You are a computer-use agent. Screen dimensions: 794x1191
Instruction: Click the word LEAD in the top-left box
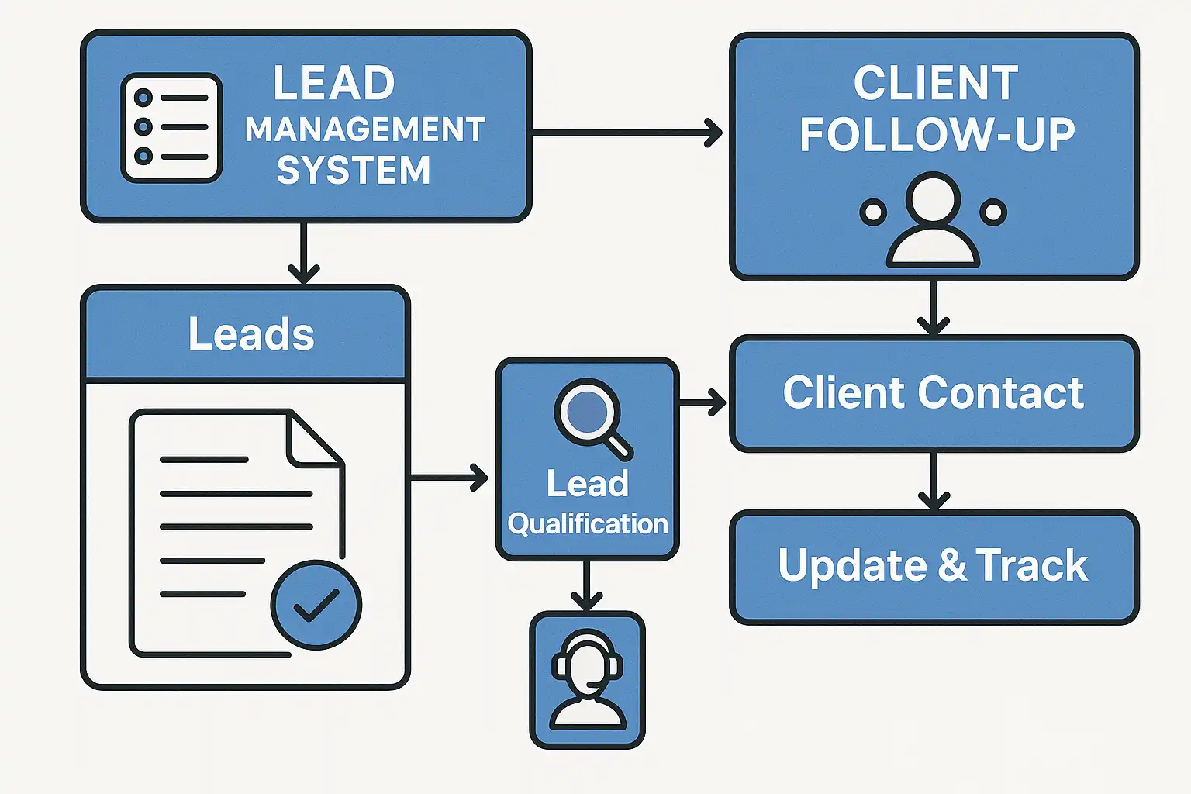pos(333,83)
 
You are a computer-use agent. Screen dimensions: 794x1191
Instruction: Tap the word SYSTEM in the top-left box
pos(354,171)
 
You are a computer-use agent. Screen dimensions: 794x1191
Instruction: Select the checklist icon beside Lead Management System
pos(171,128)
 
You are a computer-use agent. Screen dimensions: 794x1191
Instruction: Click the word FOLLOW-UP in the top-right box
pos(937,136)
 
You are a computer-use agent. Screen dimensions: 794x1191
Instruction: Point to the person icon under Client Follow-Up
pos(933,221)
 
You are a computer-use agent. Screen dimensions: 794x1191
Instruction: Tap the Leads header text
pos(251,334)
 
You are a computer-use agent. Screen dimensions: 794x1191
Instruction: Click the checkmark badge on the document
pos(316,605)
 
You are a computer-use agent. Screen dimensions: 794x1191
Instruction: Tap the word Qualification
pos(588,524)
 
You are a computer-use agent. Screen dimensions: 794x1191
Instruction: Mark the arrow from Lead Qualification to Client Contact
pos(703,402)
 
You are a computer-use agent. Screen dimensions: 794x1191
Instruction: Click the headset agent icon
pos(587,680)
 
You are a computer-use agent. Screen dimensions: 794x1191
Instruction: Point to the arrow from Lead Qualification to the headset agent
pos(587,585)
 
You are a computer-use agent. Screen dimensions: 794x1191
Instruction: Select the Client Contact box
pos(934,393)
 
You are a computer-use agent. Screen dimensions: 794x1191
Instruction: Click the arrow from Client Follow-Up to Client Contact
pos(934,308)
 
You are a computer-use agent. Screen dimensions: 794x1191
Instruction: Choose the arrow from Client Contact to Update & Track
pos(934,481)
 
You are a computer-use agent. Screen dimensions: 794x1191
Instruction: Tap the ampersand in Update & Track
pos(951,565)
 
